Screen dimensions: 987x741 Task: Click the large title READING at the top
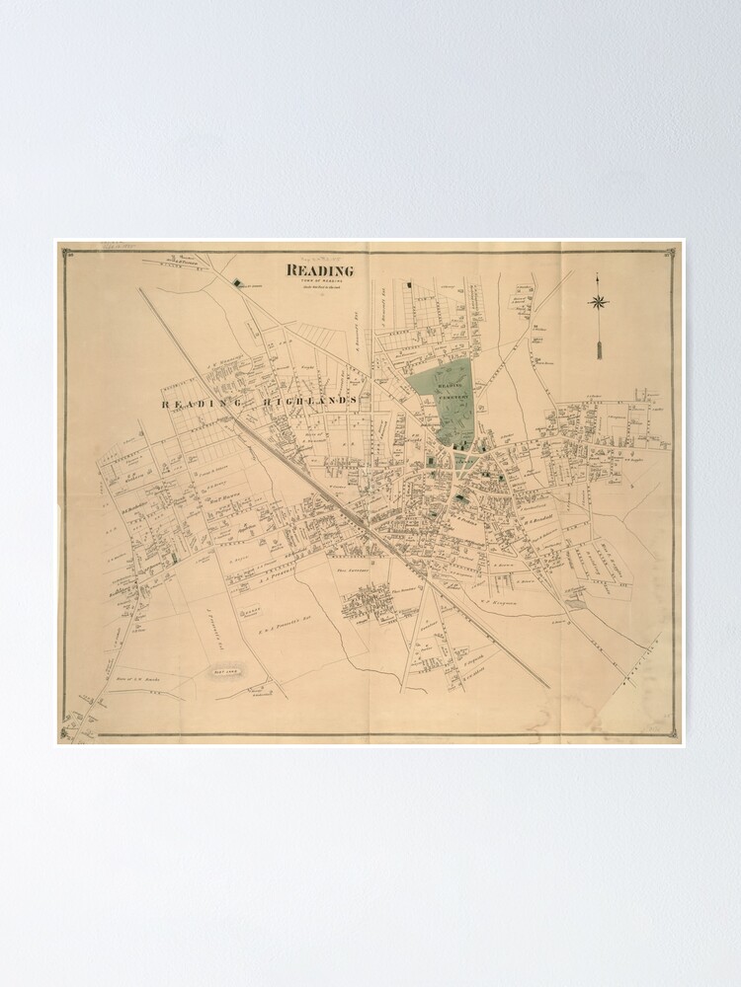320,270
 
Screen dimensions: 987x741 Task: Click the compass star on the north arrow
599,302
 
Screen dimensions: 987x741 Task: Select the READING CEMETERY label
451,394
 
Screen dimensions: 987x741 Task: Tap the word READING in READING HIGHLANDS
196,403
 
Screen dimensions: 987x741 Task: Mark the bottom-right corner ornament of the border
672,733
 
